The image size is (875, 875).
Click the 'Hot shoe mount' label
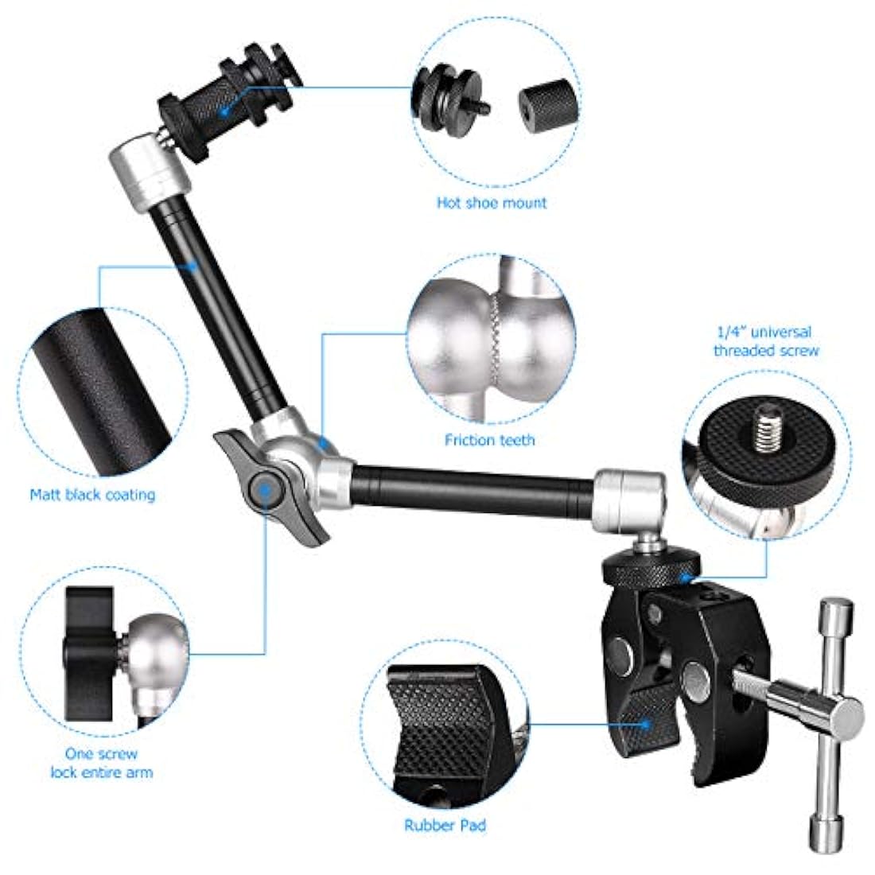click(x=492, y=203)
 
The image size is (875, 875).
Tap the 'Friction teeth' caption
click(x=489, y=441)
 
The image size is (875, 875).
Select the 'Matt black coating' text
click(x=92, y=495)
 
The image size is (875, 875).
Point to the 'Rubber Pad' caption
click(x=445, y=826)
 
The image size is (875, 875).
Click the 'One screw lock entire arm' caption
click(x=102, y=764)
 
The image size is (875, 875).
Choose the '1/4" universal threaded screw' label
click(x=765, y=341)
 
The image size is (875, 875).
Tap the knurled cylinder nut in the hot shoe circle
click(x=548, y=105)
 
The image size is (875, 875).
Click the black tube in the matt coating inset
click(x=99, y=391)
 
